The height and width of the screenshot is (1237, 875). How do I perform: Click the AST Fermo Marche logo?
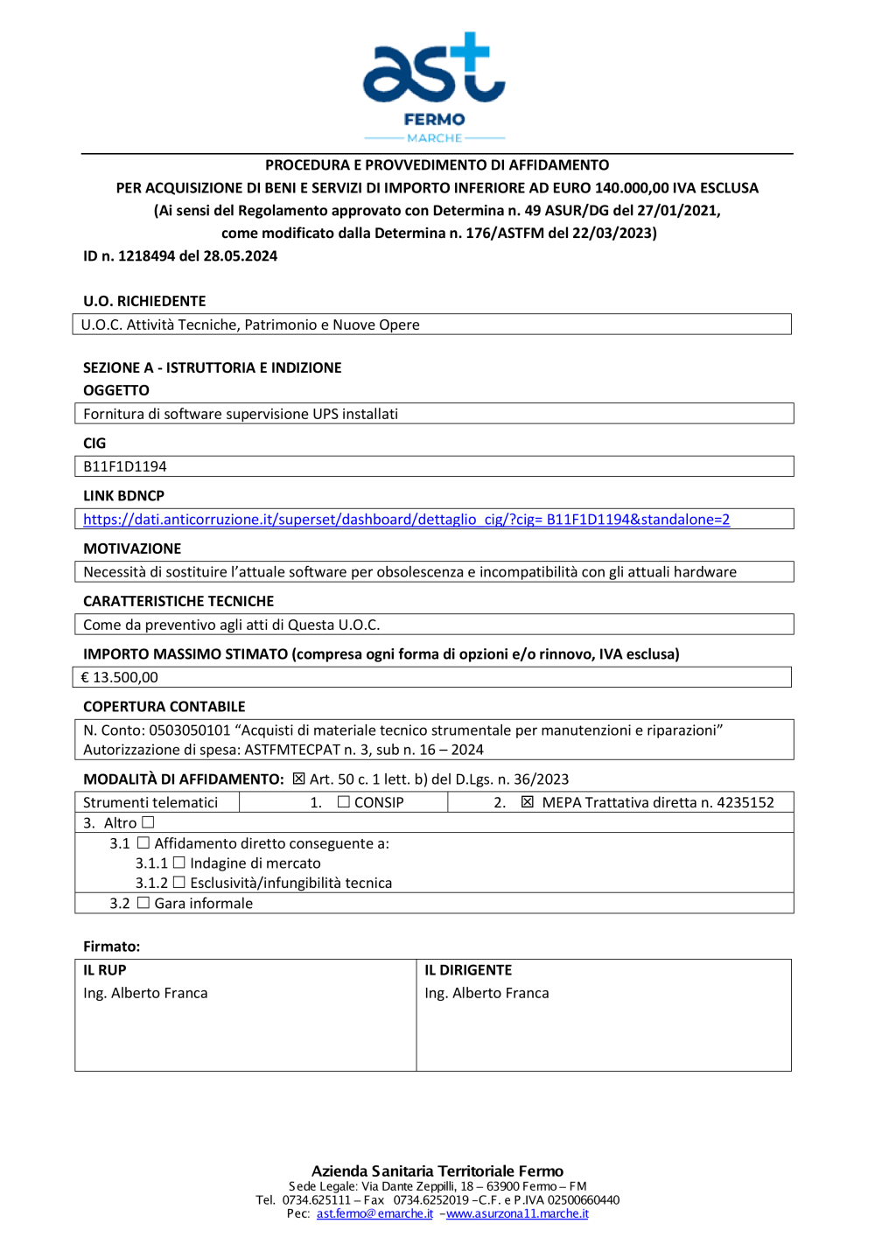click(434, 87)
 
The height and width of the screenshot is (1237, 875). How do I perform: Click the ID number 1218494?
click(146, 256)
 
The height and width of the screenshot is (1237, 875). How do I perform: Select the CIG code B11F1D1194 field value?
click(125, 467)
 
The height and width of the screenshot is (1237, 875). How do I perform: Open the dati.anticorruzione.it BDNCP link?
click(406, 520)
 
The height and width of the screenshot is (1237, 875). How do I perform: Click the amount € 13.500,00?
click(120, 678)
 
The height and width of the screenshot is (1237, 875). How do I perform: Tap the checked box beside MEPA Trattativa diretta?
click(527, 802)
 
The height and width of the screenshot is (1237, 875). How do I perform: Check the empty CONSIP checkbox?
click(344, 802)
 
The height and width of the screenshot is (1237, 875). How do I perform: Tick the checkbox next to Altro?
click(148, 822)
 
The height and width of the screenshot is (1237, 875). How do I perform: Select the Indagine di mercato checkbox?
click(179, 863)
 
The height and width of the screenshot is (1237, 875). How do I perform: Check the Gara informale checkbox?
click(143, 903)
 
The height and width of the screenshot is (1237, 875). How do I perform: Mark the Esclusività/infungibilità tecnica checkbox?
click(179, 883)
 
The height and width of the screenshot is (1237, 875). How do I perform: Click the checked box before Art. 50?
click(298, 779)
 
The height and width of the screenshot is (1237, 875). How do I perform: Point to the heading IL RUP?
click(105, 970)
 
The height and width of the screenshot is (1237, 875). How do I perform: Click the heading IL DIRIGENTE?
click(468, 970)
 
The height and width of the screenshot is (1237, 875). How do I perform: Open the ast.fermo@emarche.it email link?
click(374, 1214)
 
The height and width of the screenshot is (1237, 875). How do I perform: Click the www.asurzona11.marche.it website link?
click(517, 1214)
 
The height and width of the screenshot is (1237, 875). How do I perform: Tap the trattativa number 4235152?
click(745, 803)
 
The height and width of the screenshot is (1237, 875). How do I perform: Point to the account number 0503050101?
click(190, 730)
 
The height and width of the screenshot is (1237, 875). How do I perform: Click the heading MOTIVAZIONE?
click(132, 549)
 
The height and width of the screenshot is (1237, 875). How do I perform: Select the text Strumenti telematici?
click(150, 803)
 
